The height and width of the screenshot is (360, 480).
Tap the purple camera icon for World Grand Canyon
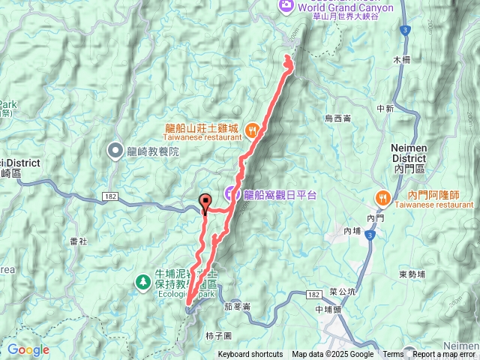coord(286,6)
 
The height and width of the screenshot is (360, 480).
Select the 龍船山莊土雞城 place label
coord(202,127)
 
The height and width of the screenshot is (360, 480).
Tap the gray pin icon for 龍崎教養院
coord(115,151)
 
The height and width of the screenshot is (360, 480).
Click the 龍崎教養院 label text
coord(153,151)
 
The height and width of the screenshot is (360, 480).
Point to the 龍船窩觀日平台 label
coord(280,194)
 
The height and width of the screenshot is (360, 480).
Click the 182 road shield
coord(109,196)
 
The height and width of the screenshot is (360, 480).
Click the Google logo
coord(28,350)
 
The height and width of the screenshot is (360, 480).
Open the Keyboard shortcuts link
coord(250,355)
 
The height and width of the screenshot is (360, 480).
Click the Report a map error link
coord(444,355)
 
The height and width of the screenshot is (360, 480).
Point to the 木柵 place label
coord(403,58)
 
